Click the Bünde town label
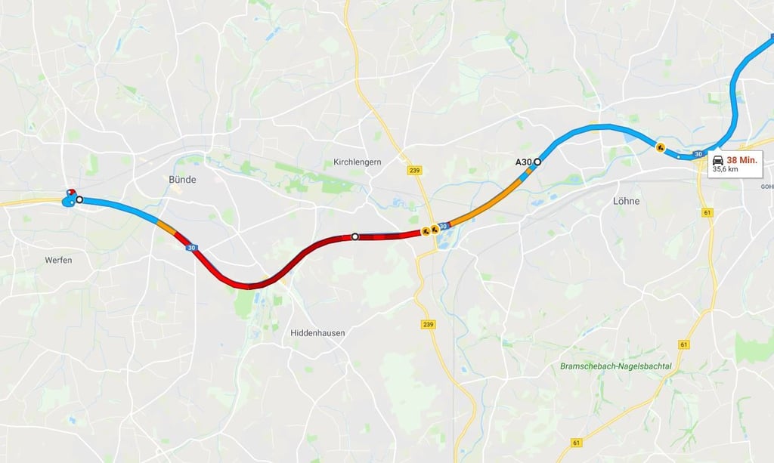click(x=182, y=180)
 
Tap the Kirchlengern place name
click(x=358, y=162)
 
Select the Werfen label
click(x=58, y=260)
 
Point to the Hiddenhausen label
click(x=317, y=332)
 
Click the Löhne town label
click(x=626, y=201)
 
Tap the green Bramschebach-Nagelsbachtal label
click(x=616, y=366)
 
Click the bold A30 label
click(x=524, y=162)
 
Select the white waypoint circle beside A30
click(x=537, y=161)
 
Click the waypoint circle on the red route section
click(x=354, y=236)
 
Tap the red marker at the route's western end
click(x=70, y=193)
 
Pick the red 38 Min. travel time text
click(x=742, y=159)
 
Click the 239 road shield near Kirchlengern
click(x=413, y=170)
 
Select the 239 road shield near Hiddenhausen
click(x=429, y=323)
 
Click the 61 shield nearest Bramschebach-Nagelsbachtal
click(x=683, y=344)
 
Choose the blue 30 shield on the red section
click(x=191, y=247)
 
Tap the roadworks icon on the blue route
click(x=661, y=147)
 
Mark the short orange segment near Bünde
click(x=166, y=225)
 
